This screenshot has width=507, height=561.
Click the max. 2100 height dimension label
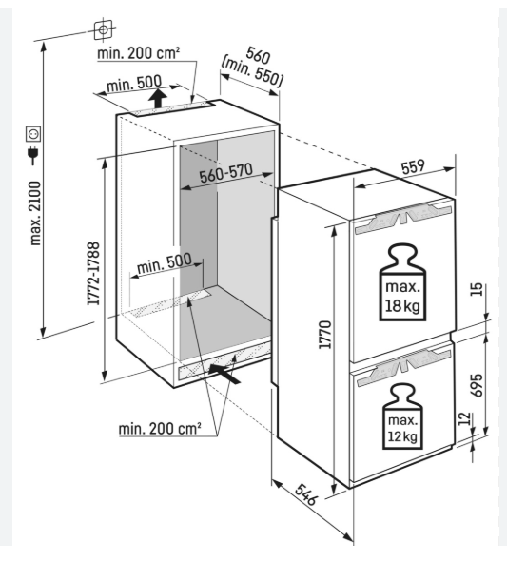[36, 213]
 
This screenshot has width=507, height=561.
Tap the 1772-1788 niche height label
[93, 273]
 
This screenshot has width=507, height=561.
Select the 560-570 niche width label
[225, 173]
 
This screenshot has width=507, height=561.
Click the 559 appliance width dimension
[413, 167]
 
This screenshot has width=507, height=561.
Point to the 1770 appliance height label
[325, 335]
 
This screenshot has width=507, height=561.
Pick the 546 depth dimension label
[306, 494]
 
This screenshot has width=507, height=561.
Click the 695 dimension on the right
[477, 385]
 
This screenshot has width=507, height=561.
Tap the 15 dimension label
[478, 289]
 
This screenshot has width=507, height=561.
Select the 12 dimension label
[463, 419]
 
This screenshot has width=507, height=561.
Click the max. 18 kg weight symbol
[402, 282]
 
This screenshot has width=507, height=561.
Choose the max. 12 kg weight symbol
[402, 416]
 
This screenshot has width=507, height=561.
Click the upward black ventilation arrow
[158, 98]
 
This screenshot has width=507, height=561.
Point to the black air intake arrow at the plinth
[224, 374]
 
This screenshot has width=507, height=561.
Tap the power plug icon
[33, 154]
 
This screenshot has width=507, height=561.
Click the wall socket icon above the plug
[33, 133]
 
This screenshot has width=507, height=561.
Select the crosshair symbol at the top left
[103, 29]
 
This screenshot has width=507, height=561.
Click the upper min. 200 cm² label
[139, 53]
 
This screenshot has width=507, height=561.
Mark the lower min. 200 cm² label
[160, 428]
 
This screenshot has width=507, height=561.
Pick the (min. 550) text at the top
[252, 71]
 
